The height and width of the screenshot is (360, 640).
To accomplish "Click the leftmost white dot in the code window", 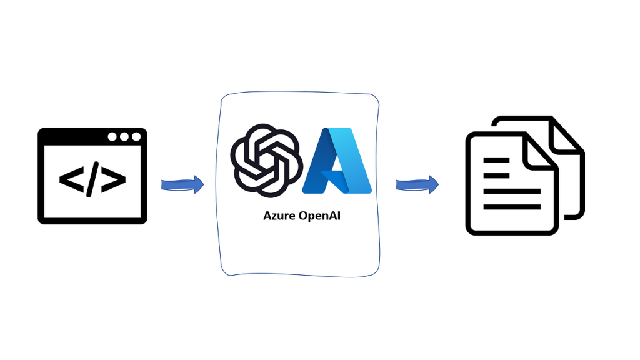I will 112,137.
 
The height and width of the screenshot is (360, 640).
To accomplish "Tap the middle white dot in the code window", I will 124,137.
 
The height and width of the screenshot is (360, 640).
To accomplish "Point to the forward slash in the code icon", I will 92,179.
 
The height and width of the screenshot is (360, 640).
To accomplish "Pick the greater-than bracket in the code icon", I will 113,179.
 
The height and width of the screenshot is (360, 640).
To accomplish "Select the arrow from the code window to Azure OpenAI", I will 182,184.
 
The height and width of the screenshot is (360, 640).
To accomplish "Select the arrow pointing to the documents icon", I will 417,184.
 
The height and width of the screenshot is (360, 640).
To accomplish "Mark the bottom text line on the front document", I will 512,206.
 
